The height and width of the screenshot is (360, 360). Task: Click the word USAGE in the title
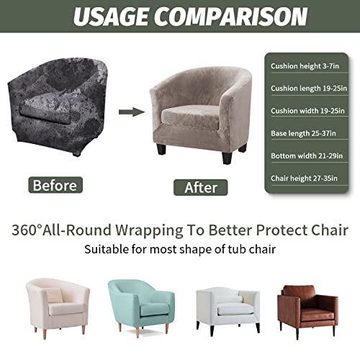click(114, 15)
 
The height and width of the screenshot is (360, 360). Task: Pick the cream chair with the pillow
click(58, 306)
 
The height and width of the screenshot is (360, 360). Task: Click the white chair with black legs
click(227, 306)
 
